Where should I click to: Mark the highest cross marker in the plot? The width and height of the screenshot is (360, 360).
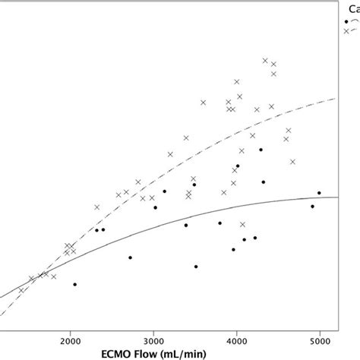tap(265, 60)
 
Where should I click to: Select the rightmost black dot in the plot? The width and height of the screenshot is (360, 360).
tap(319, 193)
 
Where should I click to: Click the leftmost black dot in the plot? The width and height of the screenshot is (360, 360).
tap(74, 284)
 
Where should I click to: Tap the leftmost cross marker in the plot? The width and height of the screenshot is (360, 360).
tap(21, 289)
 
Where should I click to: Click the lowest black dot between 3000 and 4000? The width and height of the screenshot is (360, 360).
tap(196, 267)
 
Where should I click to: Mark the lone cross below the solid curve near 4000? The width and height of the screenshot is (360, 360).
tap(242, 224)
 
